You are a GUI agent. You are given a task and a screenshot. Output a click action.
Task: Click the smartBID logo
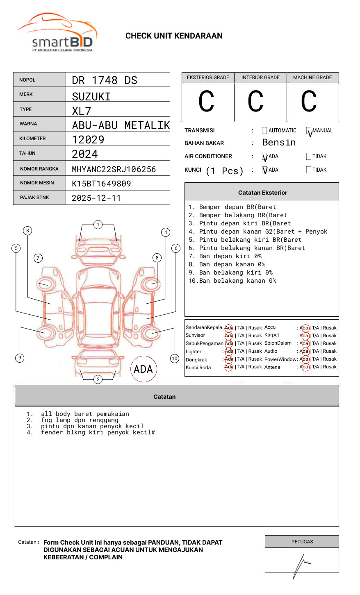click(57, 33)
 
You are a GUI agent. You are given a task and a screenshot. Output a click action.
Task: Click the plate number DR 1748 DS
click(105, 80)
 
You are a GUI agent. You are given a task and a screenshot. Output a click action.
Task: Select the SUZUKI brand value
click(91, 97)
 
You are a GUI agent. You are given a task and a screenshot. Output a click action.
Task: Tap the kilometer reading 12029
click(88, 140)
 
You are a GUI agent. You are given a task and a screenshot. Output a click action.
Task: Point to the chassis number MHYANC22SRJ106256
click(114, 169)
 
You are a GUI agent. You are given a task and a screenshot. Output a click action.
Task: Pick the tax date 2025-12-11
click(96, 198)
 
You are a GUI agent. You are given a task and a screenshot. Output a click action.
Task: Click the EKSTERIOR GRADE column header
click(208, 77)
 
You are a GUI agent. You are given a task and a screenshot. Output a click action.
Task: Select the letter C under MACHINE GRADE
click(309, 101)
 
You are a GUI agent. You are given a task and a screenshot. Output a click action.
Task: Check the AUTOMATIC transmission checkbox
click(264, 131)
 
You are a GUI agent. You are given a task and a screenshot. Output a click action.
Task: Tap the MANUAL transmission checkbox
click(309, 131)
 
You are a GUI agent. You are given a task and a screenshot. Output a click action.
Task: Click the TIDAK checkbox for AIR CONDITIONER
click(309, 156)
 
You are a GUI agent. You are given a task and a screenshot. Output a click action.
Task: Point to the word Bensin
click(279, 143)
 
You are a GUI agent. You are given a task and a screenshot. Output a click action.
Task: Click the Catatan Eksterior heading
click(262, 193)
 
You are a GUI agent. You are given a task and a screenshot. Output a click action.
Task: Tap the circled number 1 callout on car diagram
click(98, 225)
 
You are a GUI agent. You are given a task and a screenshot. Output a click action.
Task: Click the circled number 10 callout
click(175, 359)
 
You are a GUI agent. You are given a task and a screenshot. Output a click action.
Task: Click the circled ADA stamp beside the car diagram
click(143, 369)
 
